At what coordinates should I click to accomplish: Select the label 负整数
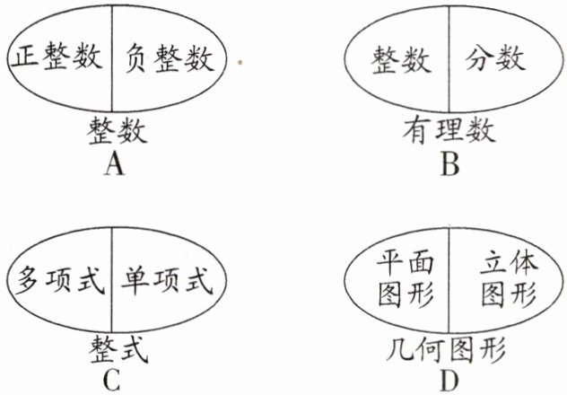165,61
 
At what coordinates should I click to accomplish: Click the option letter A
113,165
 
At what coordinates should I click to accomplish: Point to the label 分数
495,61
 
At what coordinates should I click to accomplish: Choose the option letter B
449,165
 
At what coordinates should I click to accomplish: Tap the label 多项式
56,279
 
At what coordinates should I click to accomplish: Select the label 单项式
166,279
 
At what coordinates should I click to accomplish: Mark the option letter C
111,379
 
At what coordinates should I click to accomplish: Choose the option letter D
449,379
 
